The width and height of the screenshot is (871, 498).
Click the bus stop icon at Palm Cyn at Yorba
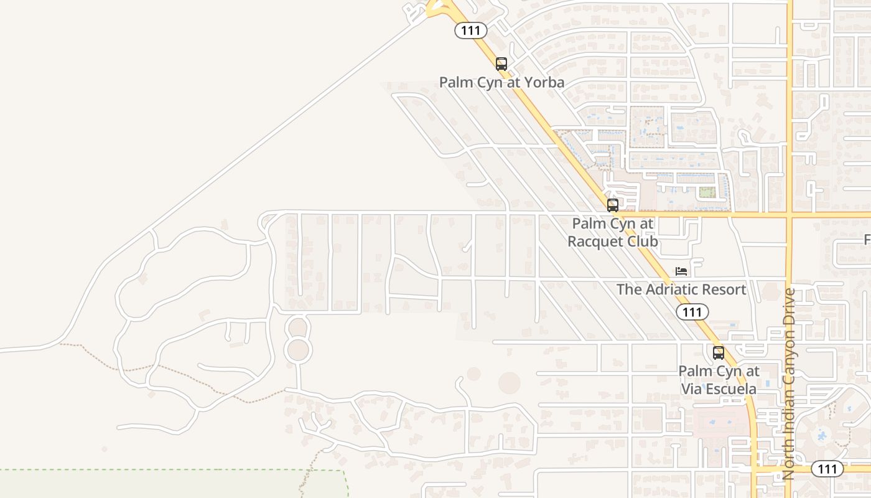[501, 63]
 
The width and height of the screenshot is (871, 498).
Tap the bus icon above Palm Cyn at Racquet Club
[613, 205]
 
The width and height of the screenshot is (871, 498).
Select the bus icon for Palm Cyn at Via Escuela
[719, 353]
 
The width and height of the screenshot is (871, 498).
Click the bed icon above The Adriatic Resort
[682, 271]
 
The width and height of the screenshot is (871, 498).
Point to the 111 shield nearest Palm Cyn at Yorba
[470, 30]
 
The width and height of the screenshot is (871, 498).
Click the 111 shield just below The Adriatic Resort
[692, 312]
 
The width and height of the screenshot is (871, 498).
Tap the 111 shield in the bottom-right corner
[827, 469]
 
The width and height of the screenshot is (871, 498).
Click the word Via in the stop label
[691, 389]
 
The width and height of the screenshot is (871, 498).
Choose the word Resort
[723, 289]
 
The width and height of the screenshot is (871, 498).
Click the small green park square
[706, 192]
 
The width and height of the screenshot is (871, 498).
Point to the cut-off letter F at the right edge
[867, 240]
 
